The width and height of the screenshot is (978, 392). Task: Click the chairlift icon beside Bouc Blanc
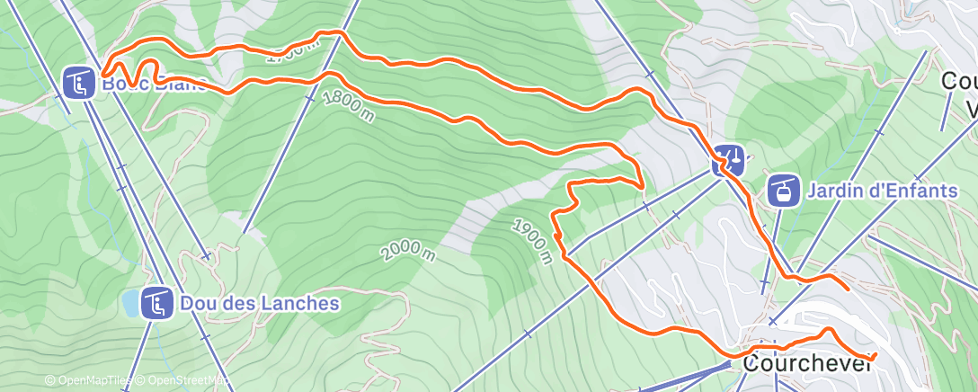click(80, 84)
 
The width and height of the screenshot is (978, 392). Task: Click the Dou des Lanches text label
click(260, 303)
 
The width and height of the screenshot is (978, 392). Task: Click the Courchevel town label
click(807, 365)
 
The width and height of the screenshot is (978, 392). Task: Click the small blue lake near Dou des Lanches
click(132, 304)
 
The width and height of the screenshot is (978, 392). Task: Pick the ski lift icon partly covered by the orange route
click(729, 161)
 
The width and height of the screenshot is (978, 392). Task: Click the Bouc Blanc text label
click(153, 85)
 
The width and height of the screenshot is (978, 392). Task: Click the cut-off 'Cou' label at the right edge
click(959, 81)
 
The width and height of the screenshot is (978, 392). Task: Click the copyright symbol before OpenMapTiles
click(50, 381)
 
